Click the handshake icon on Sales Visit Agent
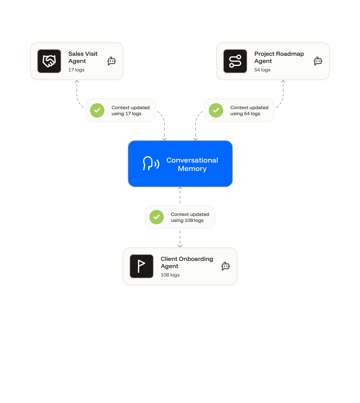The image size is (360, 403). [x=49, y=61]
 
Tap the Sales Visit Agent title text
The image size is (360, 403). [x=83, y=57]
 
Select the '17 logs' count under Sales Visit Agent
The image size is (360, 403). [x=76, y=70]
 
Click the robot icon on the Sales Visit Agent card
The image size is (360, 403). [x=112, y=61]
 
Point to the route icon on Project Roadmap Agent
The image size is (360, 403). [x=235, y=61]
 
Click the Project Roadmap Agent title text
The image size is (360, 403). [x=279, y=57]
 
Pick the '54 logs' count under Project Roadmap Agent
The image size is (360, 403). [x=262, y=70]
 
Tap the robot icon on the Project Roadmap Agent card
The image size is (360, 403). [x=318, y=61]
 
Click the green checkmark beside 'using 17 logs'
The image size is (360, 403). [x=97, y=110]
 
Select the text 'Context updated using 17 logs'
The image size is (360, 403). [x=130, y=111]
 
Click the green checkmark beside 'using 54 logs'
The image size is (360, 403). [x=216, y=110]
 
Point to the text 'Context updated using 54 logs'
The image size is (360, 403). [x=249, y=111]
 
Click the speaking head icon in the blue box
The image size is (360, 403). [x=151, y=163]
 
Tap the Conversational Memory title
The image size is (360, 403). [x=192, y=164]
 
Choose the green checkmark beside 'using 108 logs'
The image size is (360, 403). [x=157, y=217]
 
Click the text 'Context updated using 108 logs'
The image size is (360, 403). [x=190, y=217]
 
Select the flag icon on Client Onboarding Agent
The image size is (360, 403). [x=142, y=266]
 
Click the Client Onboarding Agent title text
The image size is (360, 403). [x=187, y=262]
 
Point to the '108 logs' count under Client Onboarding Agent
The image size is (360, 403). [x=170, y=275]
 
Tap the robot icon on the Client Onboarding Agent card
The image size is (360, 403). [x=226, y=266]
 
